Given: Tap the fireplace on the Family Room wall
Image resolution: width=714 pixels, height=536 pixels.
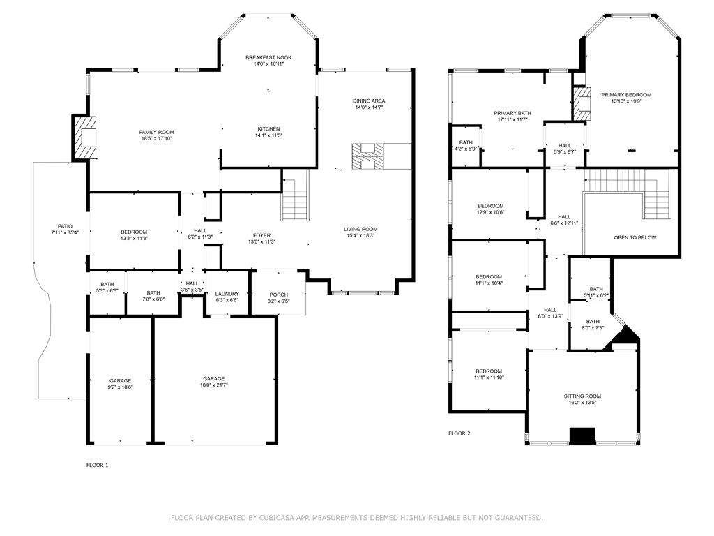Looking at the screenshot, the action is tap(84, 137).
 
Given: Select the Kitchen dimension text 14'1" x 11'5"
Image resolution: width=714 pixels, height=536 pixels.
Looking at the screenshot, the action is tap(268, 135).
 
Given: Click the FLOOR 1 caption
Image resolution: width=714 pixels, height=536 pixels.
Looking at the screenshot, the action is tap(97, 465).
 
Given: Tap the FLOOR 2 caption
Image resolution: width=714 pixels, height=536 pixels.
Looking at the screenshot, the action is tap(459, 433).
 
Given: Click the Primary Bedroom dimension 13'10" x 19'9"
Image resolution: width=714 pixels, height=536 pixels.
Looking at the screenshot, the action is tap(626, 101).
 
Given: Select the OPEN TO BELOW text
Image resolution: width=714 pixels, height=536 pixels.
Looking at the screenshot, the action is tap(635, 237).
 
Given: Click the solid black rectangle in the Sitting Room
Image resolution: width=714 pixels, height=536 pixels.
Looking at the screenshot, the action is tap(582, 435).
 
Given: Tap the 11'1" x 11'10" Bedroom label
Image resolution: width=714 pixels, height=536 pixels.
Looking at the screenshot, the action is tap(489, 374).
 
